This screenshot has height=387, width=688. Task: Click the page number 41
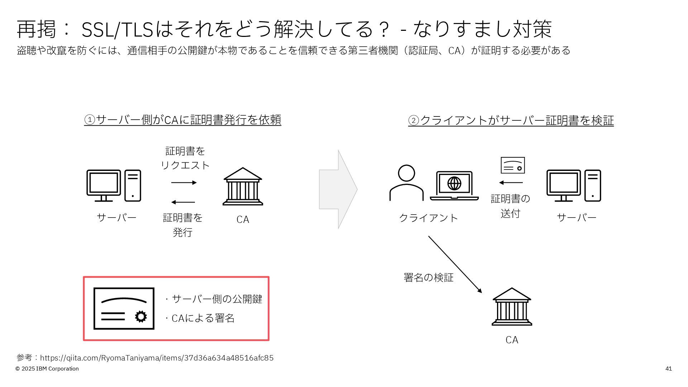point(668,369)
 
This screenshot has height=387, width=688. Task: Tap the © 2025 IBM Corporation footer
point(47,369)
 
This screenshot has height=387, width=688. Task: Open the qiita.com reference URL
point(157,358)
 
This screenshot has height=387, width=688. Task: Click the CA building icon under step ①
point(243,186)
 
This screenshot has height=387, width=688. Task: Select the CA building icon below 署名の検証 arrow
point(512,307)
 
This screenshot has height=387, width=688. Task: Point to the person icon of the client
point(406,183)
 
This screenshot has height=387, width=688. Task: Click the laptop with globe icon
point(454,186)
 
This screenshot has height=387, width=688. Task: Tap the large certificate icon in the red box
point(124,309)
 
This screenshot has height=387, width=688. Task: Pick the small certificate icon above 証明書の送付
point(512,165)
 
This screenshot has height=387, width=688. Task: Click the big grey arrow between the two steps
point(338,189)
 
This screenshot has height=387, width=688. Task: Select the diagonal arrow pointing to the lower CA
point(455,264)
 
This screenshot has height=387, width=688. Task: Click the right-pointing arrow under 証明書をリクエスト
point(184,183)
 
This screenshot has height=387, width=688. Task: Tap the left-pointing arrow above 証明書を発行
point(183,202)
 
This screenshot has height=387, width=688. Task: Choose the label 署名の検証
point(428,277)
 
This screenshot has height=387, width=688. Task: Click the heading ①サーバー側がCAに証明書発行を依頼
point(183,120)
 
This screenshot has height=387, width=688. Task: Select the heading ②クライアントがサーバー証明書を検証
point(511,120)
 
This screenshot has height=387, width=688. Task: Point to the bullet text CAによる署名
point(203,318)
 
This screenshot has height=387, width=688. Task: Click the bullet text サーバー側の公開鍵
point(217,299)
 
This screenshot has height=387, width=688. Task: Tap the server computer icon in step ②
point(573,186)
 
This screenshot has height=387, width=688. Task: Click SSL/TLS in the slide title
point(118,30)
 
